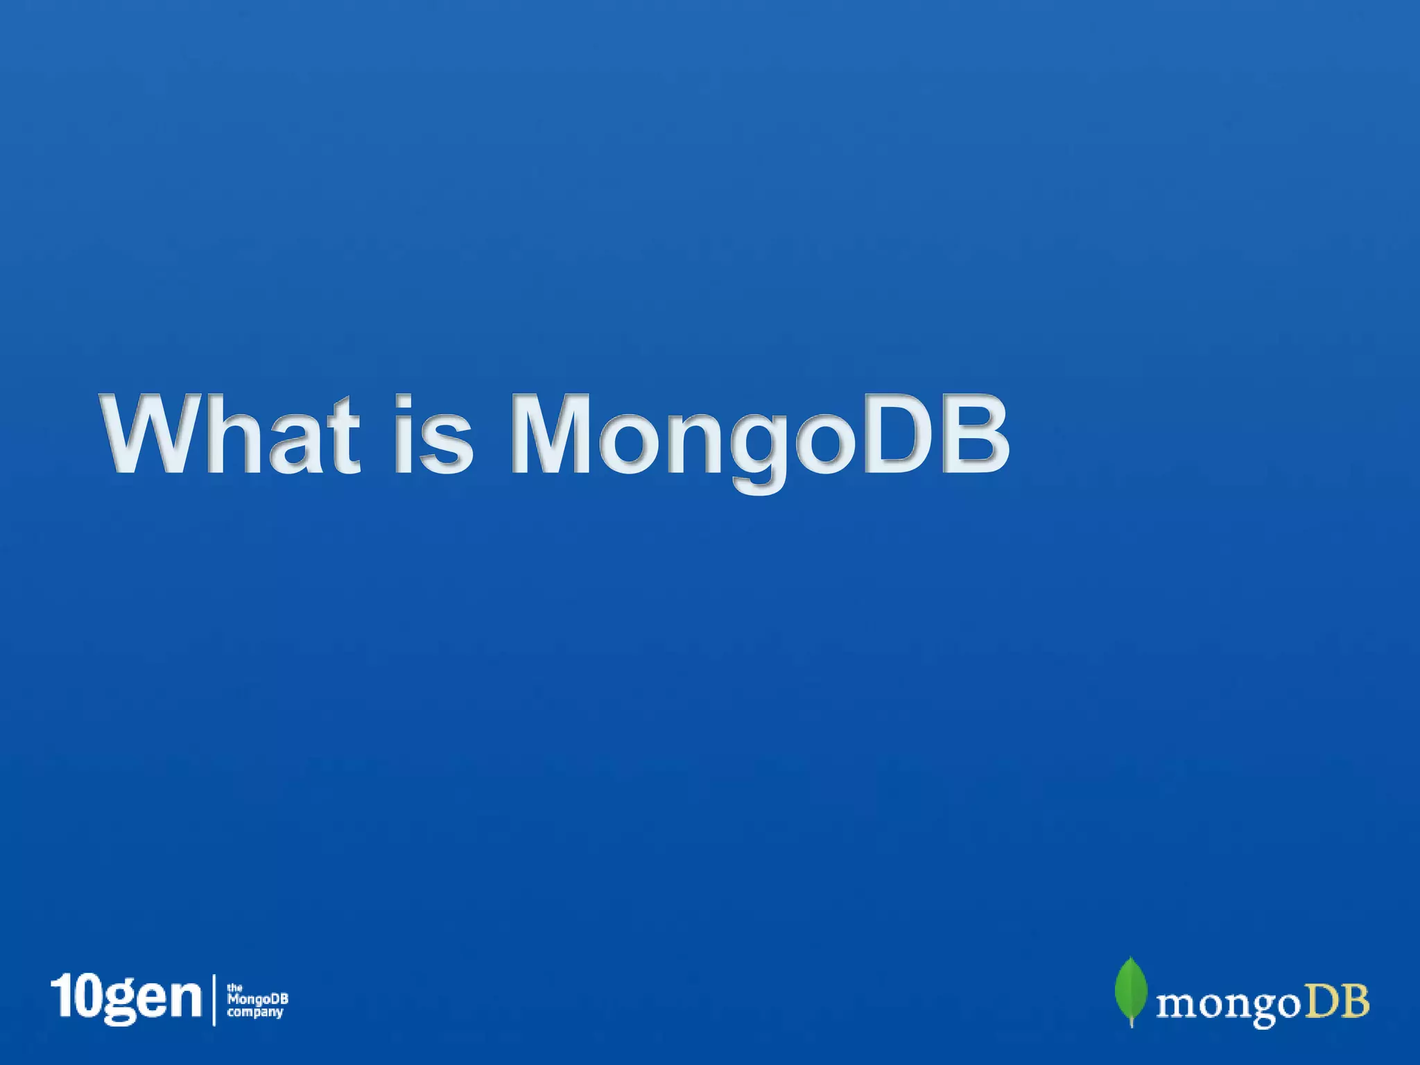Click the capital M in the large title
tap(551, 434)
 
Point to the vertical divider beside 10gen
tap(214, 999)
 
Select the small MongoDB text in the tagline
tap(257, 1000)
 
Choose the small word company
tap(255, 1012)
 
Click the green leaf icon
tap(1130, 989)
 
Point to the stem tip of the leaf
tap(1132, 1025)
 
